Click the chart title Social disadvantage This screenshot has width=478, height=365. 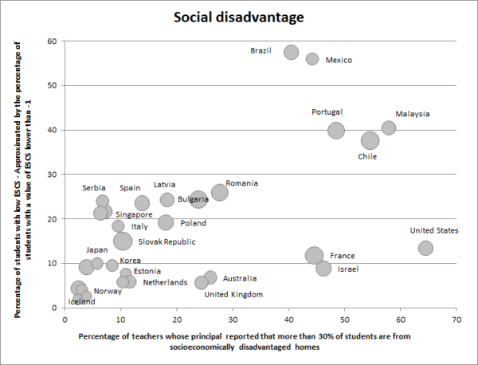tap(240, 17)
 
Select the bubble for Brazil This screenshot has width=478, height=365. tap(291, 52)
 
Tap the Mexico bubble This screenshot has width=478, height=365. tap(312, 59)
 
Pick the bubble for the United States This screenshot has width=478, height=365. tap(425, 248)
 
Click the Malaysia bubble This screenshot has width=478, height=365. tap(389, 128)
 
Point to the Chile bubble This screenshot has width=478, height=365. tap(370, 141)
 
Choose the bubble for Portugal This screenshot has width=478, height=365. tap(336, 131)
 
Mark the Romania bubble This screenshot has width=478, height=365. tap(220, 192)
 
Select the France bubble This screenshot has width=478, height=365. tap(314, 256)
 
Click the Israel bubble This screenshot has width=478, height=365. tap(323, 269)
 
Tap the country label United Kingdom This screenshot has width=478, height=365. tap(233, 295)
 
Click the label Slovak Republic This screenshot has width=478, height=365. tap(167, 241)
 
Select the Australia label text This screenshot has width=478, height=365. tap(240, 279)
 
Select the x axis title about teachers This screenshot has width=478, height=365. tap(245, 341)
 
